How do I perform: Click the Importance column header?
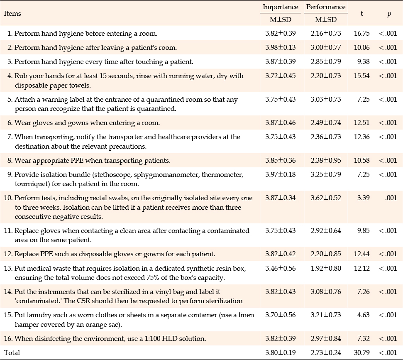coord(281,7)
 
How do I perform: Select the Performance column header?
coord(326,7)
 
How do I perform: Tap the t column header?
coord(361,13)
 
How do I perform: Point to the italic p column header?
coord(389,14)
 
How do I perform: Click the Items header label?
coord(12,13)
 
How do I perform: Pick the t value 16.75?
coord(361,34)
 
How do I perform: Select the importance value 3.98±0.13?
coord(281,48)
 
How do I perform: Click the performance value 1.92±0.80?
coord(326,268)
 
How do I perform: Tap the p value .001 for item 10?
coord(391,198)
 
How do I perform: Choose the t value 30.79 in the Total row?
coord(361,353)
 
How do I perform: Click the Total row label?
coord(12,353)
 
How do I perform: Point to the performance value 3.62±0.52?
coord(326,198)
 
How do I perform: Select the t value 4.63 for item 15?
coord(364,315)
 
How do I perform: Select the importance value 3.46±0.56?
coord(281,268)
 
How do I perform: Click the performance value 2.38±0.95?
coord(326,160)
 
